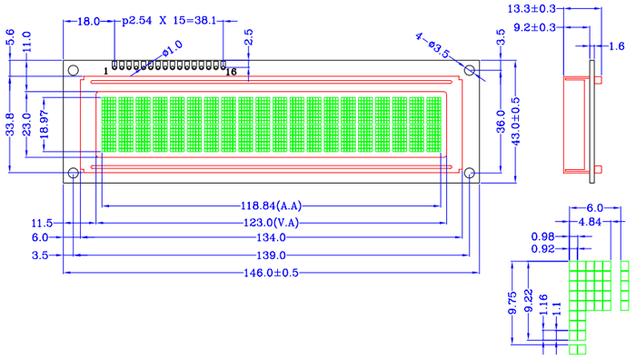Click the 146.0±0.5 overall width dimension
271,273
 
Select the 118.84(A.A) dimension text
272,205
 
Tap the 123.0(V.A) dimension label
271,223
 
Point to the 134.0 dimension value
271,237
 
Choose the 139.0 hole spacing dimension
271,255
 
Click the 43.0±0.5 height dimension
515,121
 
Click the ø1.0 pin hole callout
173,49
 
